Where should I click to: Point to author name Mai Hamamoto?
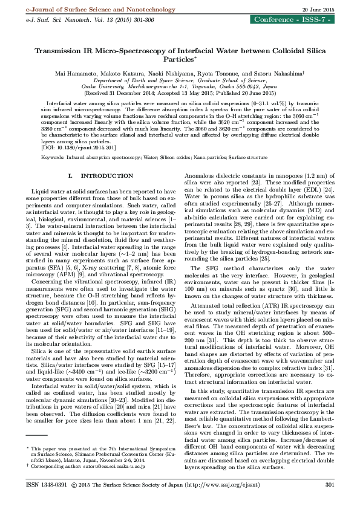[x=74, y=73]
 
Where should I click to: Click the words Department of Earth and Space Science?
[x=141, y=80]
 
